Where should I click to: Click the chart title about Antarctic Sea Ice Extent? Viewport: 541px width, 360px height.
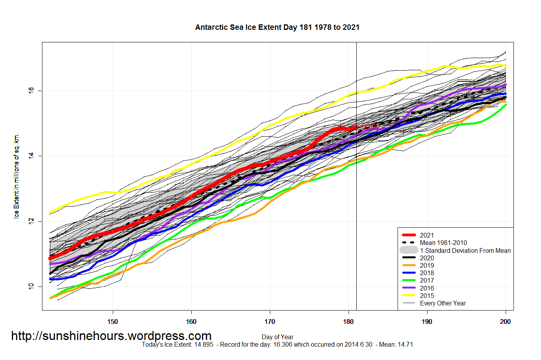coord(277,27)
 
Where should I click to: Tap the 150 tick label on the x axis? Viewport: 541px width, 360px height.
coord(113,322)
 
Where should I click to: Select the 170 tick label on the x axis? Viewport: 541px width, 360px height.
coord(270,322)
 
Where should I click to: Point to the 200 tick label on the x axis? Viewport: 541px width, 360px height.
coord(505,322)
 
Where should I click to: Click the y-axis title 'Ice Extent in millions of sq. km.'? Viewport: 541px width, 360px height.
coord(17,176)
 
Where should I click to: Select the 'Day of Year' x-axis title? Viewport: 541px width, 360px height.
coord(277,337)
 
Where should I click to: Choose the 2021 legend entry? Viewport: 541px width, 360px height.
coord(427,235)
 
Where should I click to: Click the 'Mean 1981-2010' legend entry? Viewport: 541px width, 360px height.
coord(443,243)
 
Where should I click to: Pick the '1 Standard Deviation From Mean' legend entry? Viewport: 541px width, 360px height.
coord(465,250)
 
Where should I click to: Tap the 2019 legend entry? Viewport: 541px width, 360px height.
coord(427,265)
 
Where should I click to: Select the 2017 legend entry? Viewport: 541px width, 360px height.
coord(427,280)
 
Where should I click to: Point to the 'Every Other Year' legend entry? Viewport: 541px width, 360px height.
coord(443,303)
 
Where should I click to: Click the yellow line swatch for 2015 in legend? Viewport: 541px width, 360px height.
coord(409,296)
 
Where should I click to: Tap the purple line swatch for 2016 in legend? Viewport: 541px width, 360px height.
coord(409,288)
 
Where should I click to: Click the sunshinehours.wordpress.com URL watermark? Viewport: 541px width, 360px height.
coord(111,336)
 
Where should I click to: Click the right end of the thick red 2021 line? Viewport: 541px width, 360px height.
coord(356,128)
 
